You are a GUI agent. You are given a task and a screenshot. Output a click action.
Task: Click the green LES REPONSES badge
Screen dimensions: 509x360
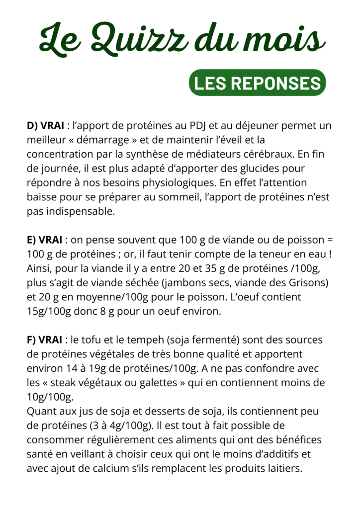257,83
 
